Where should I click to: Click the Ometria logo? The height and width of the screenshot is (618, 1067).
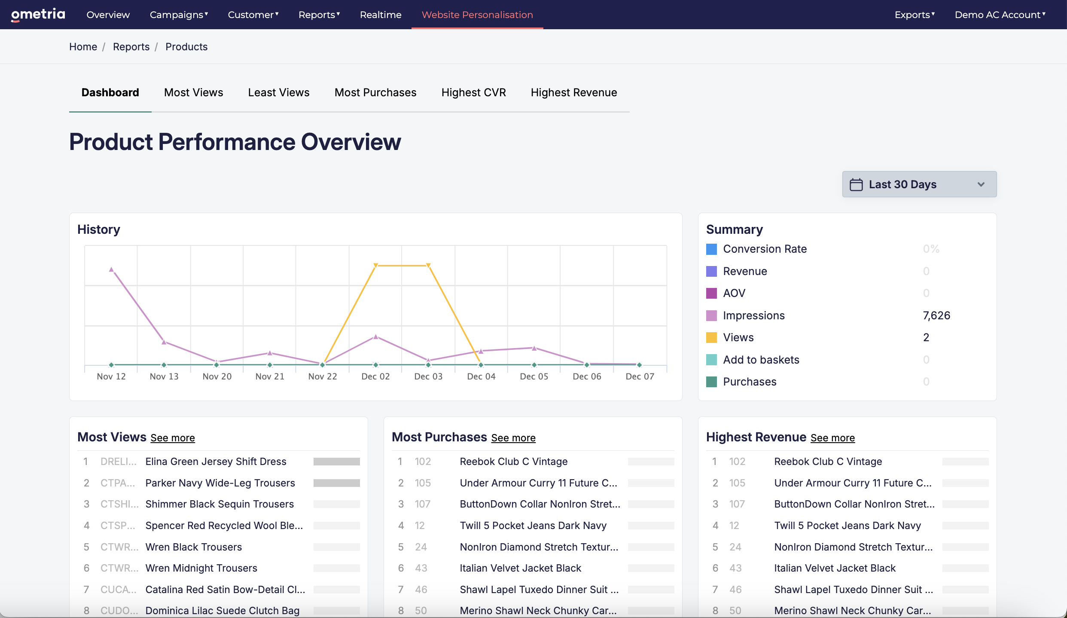[38, 15]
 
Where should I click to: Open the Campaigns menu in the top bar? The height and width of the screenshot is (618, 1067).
[179, 15]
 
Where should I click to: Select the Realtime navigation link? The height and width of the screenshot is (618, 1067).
[381, 15]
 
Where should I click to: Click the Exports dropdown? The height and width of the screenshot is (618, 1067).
[915, 15]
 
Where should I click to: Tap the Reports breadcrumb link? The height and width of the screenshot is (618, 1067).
[131, 47]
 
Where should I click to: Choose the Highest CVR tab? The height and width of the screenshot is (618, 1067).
[473, 92]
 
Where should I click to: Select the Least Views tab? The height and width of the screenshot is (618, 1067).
[279, 92]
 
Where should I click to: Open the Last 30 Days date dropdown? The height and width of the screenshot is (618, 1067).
[919, 184]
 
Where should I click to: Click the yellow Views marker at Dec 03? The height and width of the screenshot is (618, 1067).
[428, 266]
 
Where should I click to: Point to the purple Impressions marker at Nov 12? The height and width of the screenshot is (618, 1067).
[111, 269]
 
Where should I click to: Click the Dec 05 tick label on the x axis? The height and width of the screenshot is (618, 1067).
[534, 376]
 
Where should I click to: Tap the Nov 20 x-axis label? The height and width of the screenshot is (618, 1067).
[217, 376]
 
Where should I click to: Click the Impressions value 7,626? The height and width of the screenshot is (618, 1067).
[936, 315]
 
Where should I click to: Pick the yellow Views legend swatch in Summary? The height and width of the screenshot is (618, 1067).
[711, 338]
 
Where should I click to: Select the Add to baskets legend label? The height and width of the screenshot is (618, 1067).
[761, 360]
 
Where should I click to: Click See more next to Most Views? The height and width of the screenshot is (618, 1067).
[173, 438]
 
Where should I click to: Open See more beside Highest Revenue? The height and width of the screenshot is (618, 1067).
[832, 438]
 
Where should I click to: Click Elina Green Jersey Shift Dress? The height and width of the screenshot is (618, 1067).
[216, 462]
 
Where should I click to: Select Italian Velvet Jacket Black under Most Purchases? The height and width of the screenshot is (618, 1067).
[520, 568]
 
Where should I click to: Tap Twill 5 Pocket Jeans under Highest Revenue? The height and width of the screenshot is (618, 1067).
[848, 526]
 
